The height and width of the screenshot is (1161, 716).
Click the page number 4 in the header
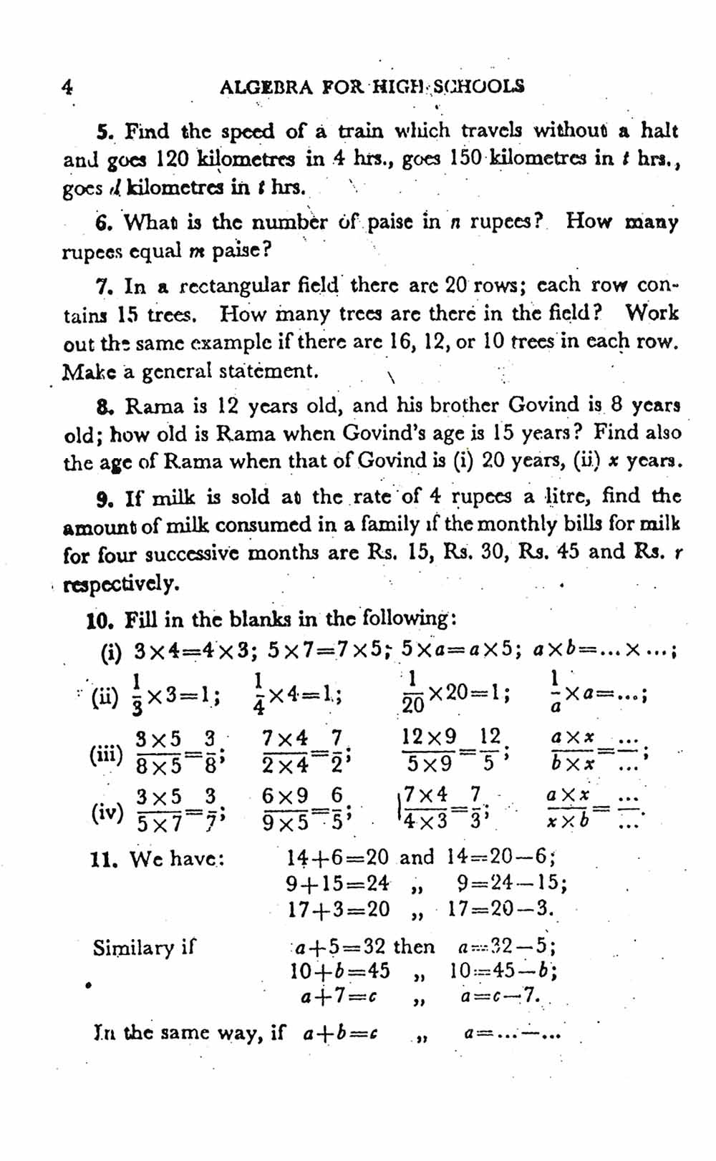pyautogui.click(x=67, y=87)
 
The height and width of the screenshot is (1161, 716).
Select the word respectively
pyautogui.click(x=122, y=584)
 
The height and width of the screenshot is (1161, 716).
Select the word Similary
pyautogui.click(x=143, y=948)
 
